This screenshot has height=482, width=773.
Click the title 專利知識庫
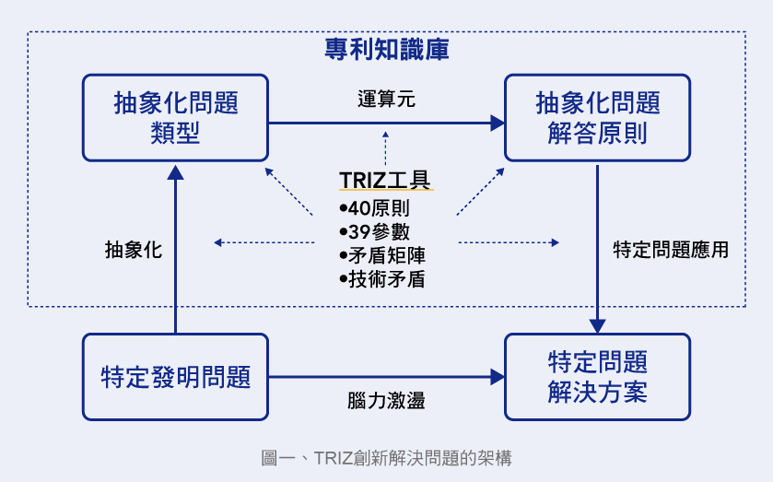tap(387, 49)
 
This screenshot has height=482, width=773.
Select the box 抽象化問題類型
tap(175, 118)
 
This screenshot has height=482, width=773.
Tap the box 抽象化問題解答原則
tap(597, 118)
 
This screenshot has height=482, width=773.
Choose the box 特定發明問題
tap(175, 377)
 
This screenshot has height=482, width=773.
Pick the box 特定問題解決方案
tap(597, 377)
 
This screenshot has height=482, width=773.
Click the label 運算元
tap(387, 99)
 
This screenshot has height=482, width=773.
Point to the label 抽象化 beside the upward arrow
tap(134, 250)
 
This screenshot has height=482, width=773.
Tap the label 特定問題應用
tap(671, 250)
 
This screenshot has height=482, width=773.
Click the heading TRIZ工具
tap(385, 179)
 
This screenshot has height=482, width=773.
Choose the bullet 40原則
tap(374, 208)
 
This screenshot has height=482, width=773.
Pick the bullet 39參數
tap(374, 231)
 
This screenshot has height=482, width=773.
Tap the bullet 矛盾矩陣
tap(381, 255)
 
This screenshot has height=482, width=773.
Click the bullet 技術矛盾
tap(381, 278)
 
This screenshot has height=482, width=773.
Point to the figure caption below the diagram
tap(387, 457)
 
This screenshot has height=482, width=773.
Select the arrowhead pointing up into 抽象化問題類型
tap(175, 172)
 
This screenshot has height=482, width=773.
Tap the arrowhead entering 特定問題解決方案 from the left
tap(498, 376)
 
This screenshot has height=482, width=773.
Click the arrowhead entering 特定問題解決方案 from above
tap(597, 325)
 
